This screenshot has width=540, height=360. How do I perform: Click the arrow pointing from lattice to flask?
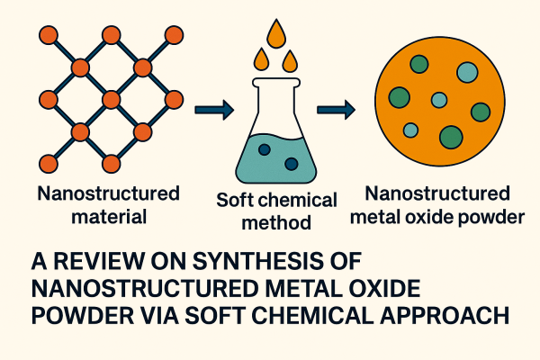coord(214,111)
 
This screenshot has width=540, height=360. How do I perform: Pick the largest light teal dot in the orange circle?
coord(466,73)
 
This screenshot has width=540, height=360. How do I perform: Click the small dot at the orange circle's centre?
coord(439,100)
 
